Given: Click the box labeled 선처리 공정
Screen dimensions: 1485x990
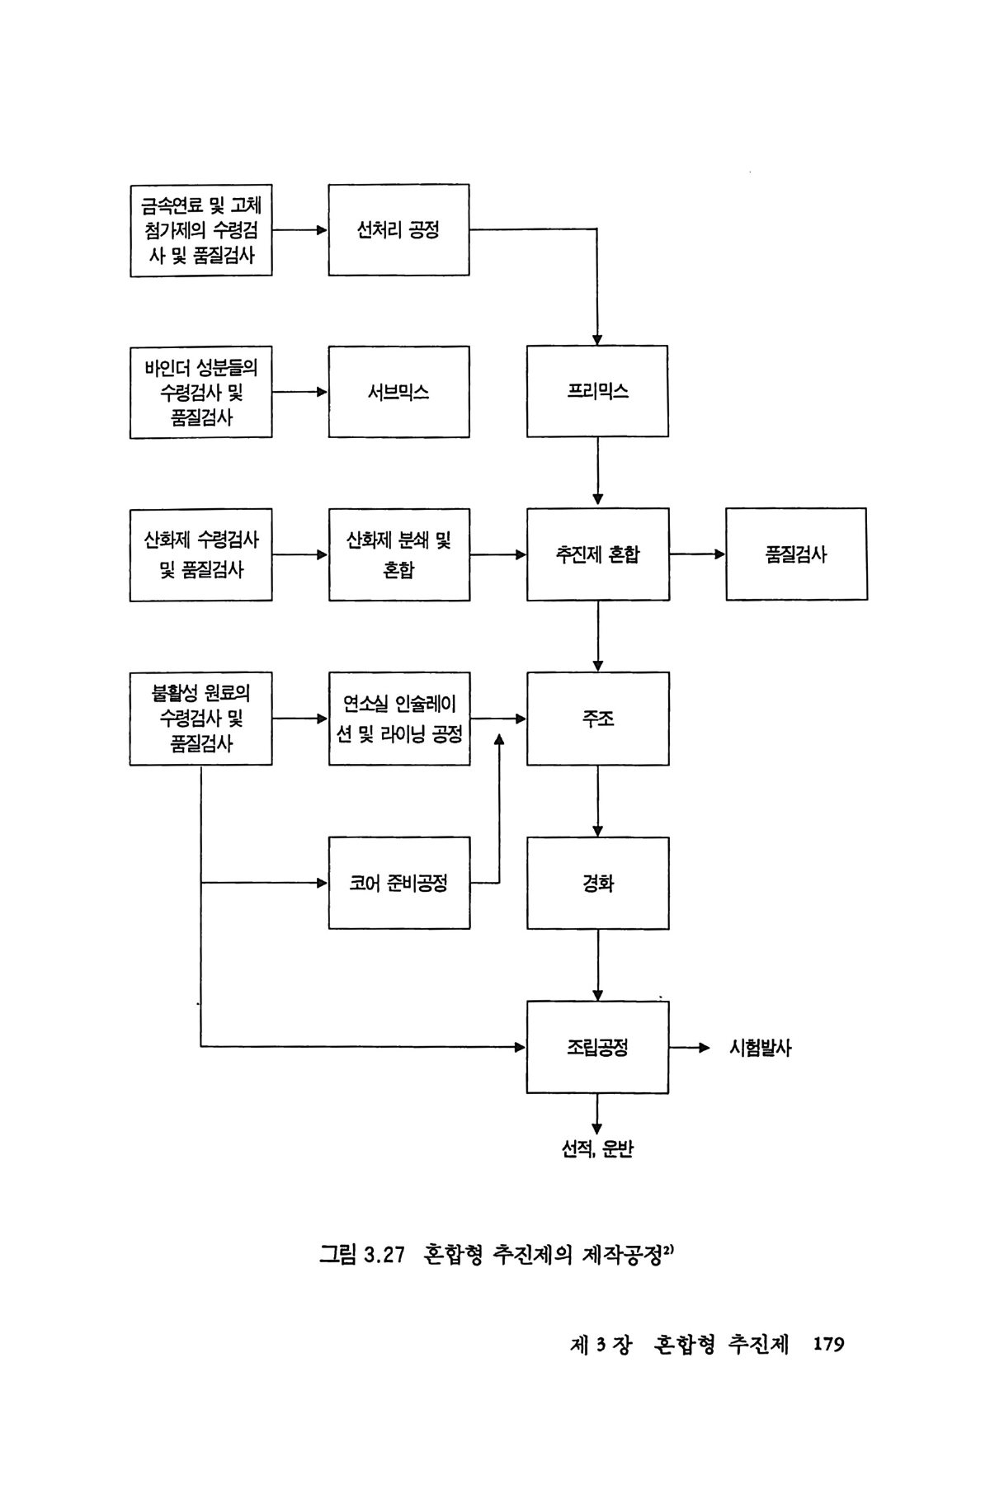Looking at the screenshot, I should point(398,229).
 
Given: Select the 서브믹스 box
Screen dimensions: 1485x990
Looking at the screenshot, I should point(398,392).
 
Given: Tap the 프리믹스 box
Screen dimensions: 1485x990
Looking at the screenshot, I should point(597,391).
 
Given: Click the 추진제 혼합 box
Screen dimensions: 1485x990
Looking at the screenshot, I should point(597,554).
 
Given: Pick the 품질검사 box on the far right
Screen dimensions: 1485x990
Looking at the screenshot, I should point(796,554).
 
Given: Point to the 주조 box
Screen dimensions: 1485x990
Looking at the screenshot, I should point(597,719).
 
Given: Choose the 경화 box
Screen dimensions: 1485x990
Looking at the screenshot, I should point(597,883).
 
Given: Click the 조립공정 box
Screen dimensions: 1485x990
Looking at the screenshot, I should point(597,1047).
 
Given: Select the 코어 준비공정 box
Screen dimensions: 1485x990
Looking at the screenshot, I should point(398,883).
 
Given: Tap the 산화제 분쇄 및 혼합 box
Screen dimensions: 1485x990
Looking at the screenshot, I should point(398,554).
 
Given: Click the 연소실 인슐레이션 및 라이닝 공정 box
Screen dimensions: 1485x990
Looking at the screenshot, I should point(398,719).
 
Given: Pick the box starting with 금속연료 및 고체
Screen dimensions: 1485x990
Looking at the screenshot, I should point(200,230).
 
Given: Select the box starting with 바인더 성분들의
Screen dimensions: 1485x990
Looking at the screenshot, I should point(200,392).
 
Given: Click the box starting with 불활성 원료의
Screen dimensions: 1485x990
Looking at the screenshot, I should point(200,719).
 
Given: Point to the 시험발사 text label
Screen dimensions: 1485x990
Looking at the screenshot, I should point(760,1048).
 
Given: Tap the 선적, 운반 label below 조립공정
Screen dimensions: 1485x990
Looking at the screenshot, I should point(597,1149).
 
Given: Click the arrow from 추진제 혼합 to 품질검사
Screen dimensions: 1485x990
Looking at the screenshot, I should point(696,554).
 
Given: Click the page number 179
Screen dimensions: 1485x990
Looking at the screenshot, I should point(828,1344).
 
